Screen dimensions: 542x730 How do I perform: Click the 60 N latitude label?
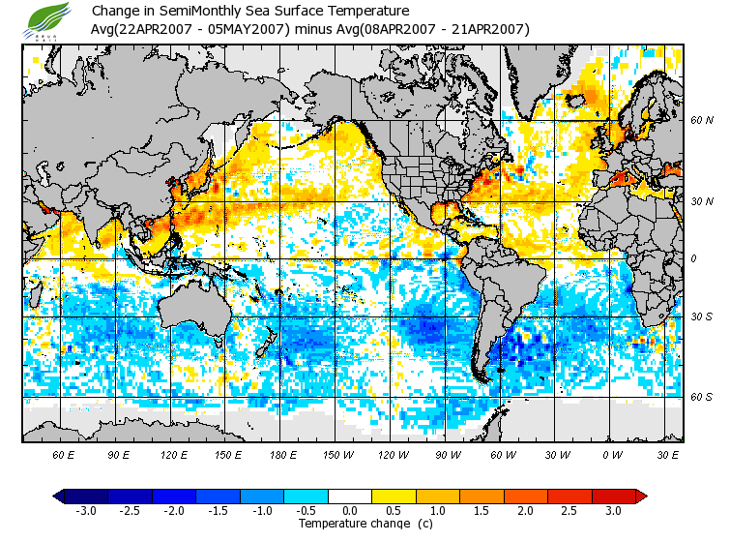click(701, 121)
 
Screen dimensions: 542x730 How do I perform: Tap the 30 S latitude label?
click(701, 317)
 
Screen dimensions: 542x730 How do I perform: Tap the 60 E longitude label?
click(63, 455)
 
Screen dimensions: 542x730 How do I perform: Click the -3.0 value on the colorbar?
click(86, 511)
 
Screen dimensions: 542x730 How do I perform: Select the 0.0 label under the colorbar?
click(350, 511)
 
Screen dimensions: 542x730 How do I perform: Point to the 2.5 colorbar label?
click(569, 511)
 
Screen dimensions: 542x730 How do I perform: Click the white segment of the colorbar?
click(350, 496)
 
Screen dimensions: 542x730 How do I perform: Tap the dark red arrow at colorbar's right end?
click(640, 496)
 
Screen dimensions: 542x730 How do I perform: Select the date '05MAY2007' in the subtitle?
click(254, 29)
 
